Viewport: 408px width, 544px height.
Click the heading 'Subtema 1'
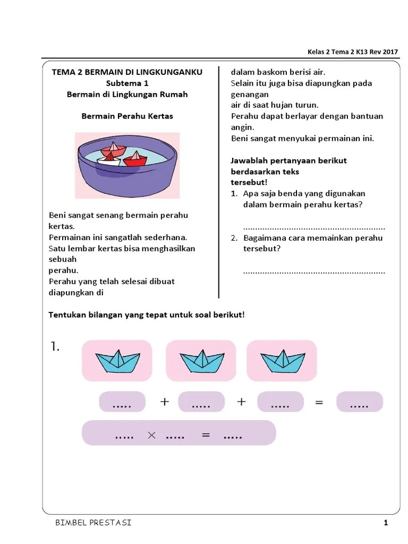tap(127, 83)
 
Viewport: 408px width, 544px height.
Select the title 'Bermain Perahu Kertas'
tap(127, 116)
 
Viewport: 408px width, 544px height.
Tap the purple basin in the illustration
tap(127, 175)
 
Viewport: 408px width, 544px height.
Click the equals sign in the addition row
tap(319, 403)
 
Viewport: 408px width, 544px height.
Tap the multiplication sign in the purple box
tap(151, 435)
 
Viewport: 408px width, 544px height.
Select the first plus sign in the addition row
tap(164, 402)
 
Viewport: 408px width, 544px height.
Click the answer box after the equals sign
tap(359, 402)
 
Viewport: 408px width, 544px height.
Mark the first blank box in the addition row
tap(122, 402)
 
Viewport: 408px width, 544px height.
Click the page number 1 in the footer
tap(386, 523)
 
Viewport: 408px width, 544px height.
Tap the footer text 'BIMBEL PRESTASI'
tap(93, 523)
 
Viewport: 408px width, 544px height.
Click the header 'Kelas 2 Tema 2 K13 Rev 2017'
tap(353, 52)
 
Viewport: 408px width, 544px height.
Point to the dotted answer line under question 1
tap(314, 227)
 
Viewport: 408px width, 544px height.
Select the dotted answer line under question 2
tap(314, 272)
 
